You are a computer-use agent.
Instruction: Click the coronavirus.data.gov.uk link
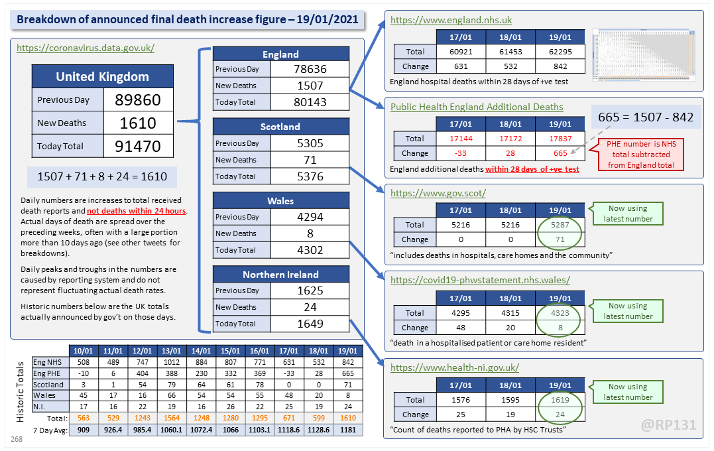pyautogui.click(x=86, y=48)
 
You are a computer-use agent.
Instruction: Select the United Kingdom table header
pyautogui.click(x=102, y=76)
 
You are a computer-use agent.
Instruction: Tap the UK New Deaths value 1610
pyautogui.click(x=138, y=123)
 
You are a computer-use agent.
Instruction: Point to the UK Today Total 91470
pyautogui.click(x=138, y=146)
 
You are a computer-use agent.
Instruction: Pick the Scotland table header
pyautogui.click(x=280, y=127)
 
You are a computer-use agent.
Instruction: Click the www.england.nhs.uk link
pyautogui.click(x=451, y=21)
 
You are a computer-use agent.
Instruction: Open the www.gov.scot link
pyautogui.click(x=438, y=194)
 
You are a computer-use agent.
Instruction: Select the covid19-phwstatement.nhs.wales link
pyautogui.click(x=480, y=281)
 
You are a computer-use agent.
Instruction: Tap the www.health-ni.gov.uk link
pyautogui.click(x=455, y=367)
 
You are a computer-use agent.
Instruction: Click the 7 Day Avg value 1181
pyautogui.click(x=347, y=430)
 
